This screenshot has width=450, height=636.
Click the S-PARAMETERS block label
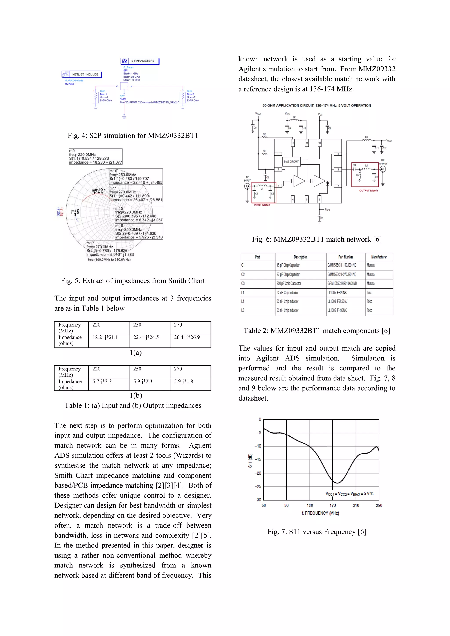pos(143,61)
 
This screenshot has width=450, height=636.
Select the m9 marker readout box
pos(95,157)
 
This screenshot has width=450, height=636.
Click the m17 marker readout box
pos(110,249)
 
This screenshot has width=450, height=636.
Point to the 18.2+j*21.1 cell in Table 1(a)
pos(105,337)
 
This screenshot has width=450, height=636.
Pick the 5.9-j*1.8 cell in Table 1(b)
pos(183,381)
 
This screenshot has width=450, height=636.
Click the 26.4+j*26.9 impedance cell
pos(187,337)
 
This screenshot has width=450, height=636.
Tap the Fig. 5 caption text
pos(133,281)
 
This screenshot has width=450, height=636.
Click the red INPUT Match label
pos(262,205)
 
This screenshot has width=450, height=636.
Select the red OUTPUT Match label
pos(368,190)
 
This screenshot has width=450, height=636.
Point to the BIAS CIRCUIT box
pos(291,161)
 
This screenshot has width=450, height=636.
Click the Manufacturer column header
pos(379,257)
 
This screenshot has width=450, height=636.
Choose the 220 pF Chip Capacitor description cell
pos(289,283)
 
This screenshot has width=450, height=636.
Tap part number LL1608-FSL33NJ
pos(337,301)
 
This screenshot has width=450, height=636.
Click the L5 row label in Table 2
pos(243,310)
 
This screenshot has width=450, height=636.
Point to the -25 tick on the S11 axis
pos(258,486)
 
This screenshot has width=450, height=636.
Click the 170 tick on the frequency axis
pos(332,506)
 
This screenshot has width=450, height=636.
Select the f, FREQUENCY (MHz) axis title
pos(320,513)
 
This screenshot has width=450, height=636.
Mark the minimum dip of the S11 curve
pos(337,483)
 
